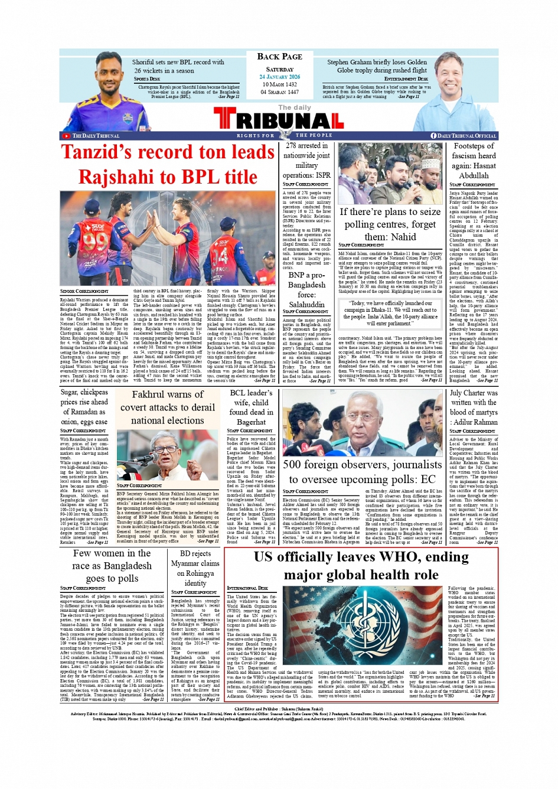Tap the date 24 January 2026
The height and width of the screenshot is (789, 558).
point(279,77)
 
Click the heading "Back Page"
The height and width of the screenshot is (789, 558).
point(279,57)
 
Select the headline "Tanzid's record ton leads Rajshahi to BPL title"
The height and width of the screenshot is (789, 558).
point(168,165)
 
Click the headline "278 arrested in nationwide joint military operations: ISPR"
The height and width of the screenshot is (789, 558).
point(306,160)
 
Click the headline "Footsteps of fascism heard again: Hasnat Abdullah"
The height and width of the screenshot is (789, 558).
point(474,161)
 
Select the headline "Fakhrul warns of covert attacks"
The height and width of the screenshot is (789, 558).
point(168,407)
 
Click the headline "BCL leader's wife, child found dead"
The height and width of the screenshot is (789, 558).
point(251,407)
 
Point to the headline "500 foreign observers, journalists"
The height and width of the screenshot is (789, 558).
point(362,472)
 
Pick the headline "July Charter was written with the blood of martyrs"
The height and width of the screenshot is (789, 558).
point(474,407)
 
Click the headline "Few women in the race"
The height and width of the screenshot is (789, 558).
point(112,566)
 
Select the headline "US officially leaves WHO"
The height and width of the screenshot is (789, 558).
point(361,566)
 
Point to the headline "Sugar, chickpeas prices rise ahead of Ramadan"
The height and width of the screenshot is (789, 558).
point(84,407)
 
